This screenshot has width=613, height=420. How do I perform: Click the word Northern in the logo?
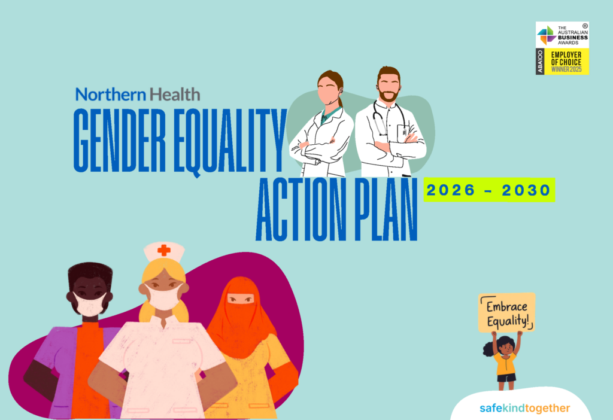tap(111, 95)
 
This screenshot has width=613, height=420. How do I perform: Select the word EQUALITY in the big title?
tap(230, 141)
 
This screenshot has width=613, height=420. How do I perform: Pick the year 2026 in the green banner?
tap(451, 190)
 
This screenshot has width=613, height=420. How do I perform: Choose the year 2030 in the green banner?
tap(526, 190)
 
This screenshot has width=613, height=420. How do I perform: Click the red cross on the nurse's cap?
tap(164, 250)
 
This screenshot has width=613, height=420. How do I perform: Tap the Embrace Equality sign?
tap(506, 312)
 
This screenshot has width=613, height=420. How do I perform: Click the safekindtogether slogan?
tap(524, 408)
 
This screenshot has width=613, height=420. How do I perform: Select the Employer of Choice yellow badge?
tap(566, 62)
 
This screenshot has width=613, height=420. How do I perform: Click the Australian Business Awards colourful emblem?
tap(547, 35)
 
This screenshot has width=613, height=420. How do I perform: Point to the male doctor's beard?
tap(389, 95)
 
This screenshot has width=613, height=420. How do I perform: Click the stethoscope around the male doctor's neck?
tap(388, 117)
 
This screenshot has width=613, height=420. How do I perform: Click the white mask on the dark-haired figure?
tap(90, 303)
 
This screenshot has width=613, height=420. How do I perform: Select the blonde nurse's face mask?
tap(163, 297)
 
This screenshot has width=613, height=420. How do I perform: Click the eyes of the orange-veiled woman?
tap(241, 299)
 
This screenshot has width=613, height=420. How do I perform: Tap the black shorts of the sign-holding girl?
tap(506, 378)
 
